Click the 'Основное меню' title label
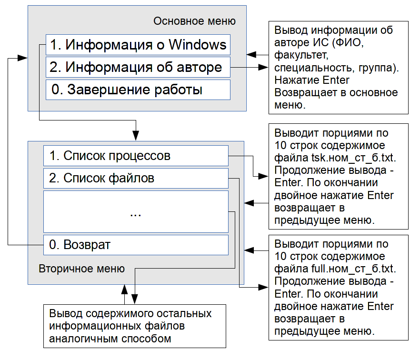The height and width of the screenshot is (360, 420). (x=194, y=21)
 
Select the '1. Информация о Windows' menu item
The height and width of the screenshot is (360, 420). (x=138, y=45)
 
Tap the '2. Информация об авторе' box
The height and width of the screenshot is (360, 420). (x=138, y=67)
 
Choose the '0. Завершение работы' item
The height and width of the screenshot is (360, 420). (x=138, y=90)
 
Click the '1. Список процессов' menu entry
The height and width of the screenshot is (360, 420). (x=136, y=156)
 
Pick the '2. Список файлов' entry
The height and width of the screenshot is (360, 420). (x=136, y=178)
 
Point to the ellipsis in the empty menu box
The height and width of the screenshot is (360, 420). (x=136, y=215)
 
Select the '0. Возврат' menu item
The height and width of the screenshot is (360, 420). (x=136, y=245)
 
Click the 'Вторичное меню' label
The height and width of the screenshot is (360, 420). (x=82, y=269)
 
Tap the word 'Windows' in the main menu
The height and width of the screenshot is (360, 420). (x=198, y=44)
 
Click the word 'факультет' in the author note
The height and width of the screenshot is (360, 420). (x=301, y=55)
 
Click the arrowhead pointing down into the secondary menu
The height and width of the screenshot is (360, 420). (x=136, y=136)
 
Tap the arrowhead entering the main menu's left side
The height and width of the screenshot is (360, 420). (x=22, y=58)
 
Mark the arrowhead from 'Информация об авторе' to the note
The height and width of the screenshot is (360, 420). (x=263, y=67)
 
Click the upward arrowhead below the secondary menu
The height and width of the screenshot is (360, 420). (x=125, y=290)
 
